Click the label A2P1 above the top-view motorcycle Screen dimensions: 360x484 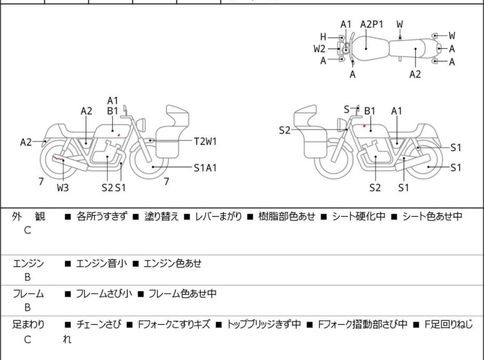(x=371, y=24)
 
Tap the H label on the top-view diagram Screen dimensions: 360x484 (x=324, y=37)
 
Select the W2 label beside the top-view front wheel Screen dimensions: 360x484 (x=319, y=48)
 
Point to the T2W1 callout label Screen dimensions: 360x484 (x=206, y=141)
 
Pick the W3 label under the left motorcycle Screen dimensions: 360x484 (x=63, y=188)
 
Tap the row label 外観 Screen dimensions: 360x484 (x=29, y=217)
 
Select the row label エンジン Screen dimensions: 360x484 (x=29, y=263)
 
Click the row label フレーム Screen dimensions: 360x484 (x=29, y=294)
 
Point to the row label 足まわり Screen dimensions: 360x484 (x=29, y=325)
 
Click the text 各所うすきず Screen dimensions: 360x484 (x=102, y=217)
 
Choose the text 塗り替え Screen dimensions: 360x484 (x=161, y=217)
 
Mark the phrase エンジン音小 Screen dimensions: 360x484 (x=101, y=263)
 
